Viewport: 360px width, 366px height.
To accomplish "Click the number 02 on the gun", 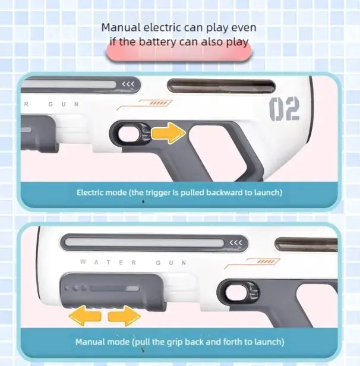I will (x=285, y=108).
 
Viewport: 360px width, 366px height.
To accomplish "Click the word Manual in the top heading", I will (x=120, y=27).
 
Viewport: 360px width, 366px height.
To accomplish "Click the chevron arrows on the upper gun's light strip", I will (x=127, y=85).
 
